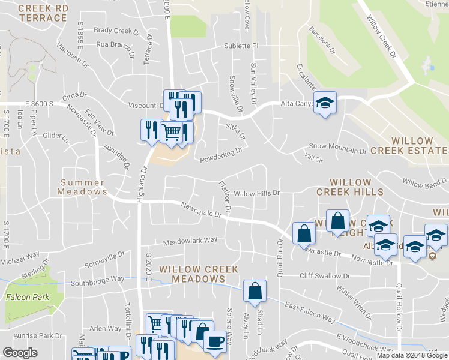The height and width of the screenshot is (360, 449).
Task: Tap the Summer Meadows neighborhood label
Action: click(83, 187)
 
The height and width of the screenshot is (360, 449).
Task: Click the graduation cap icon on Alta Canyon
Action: click(325, 103)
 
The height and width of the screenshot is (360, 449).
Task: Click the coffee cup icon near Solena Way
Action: click(215, 341)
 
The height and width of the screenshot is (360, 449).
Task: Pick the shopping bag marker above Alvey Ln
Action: click(255, 291)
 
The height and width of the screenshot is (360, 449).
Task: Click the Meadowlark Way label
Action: click(190, 241)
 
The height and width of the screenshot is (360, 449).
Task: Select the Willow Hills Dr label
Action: click(257, 193)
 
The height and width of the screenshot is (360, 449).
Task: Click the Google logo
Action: click(20, 353)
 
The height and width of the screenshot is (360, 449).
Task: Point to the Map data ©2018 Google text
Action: click(411, 355)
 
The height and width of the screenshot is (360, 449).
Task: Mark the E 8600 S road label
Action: click(27, 104)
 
